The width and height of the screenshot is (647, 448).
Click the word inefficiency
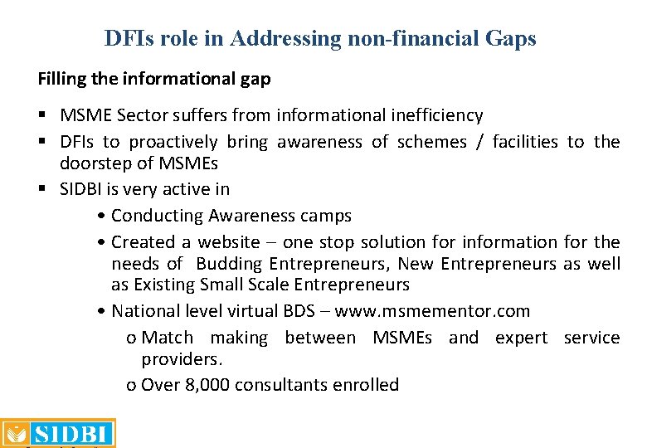[431, 115]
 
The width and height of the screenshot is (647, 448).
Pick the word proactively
[171, 142]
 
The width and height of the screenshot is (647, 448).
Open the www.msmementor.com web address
[453, 311]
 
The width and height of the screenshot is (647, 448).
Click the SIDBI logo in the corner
[58, 433]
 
